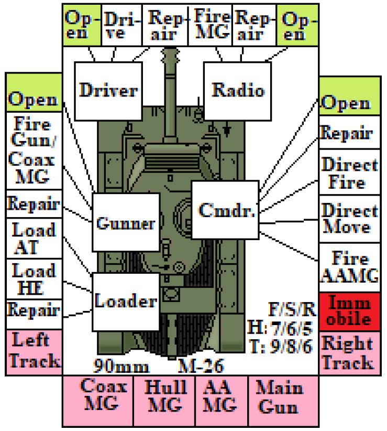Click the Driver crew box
pyautogui.click(x=108, y=91)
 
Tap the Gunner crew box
pyautogui.click(x=125, y=223)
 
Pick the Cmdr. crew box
pyautogui.click(x=226, y=209)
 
